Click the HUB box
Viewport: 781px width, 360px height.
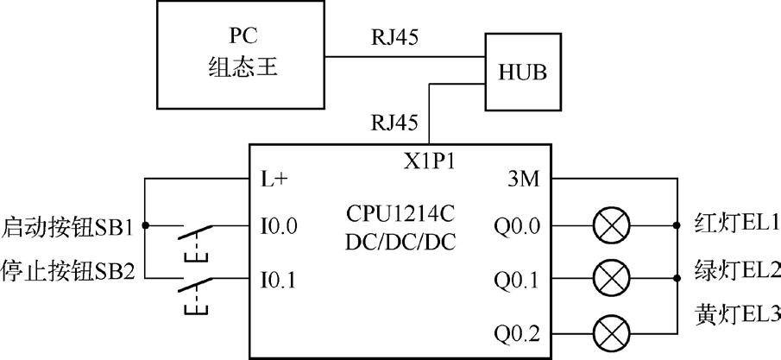point(522,72)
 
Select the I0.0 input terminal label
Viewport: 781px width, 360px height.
point(279,229)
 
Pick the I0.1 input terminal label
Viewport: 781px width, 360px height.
point(279,280)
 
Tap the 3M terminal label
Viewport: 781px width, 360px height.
point(524,180)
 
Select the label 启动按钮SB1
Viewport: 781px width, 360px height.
point(68,229)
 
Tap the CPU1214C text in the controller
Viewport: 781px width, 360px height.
point(400,211)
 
